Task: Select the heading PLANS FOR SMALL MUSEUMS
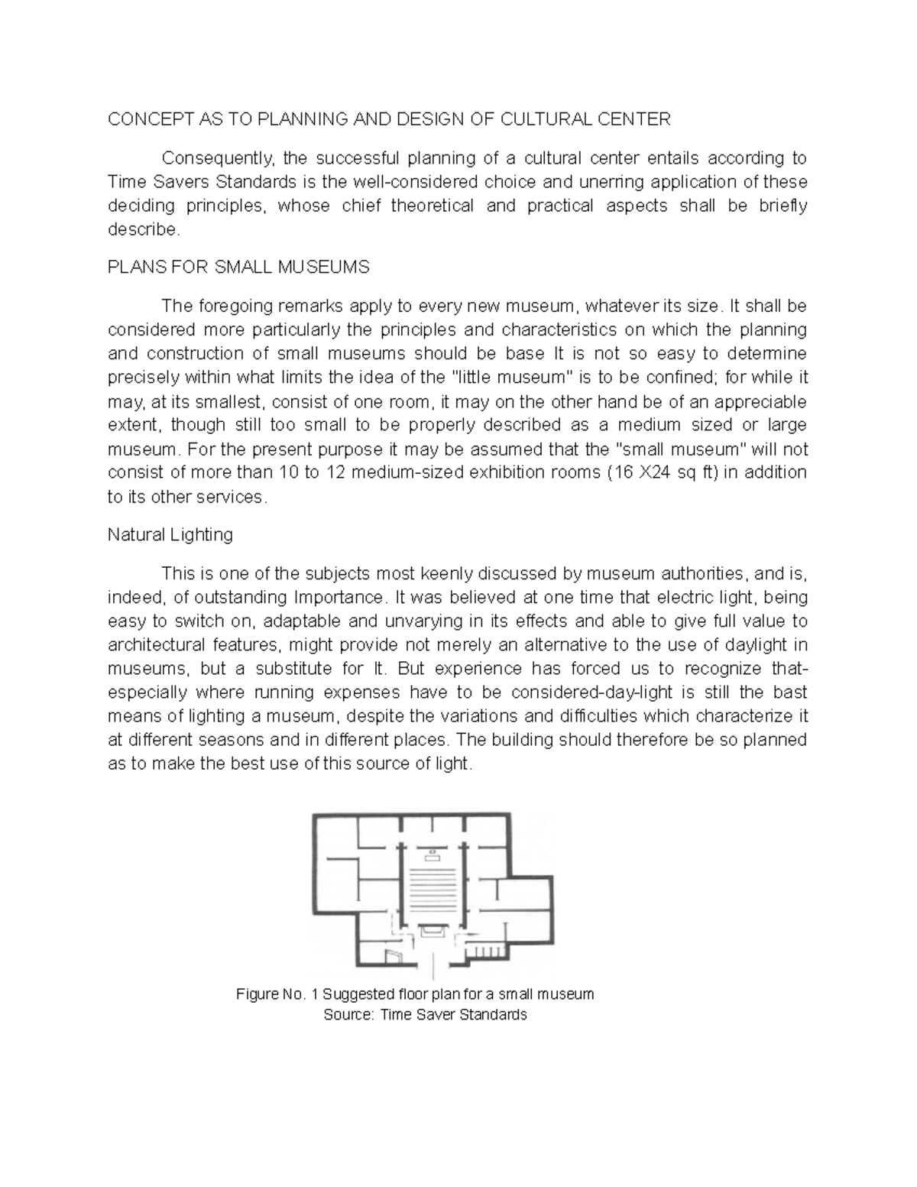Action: click(x=238, y=267)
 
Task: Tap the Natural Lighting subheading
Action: click(x=170, y=534)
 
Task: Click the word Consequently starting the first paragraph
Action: click(x=217, y=158)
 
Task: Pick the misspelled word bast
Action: click(x=792, y=692)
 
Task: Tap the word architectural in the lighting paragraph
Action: click(x=153, y=644)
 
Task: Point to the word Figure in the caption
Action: click(x=258, y=994)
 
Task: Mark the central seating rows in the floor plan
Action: click(x=433, y=890)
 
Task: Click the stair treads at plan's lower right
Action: click(x=487, y=952)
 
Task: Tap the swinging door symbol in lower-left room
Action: click(x=393, y=955)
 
